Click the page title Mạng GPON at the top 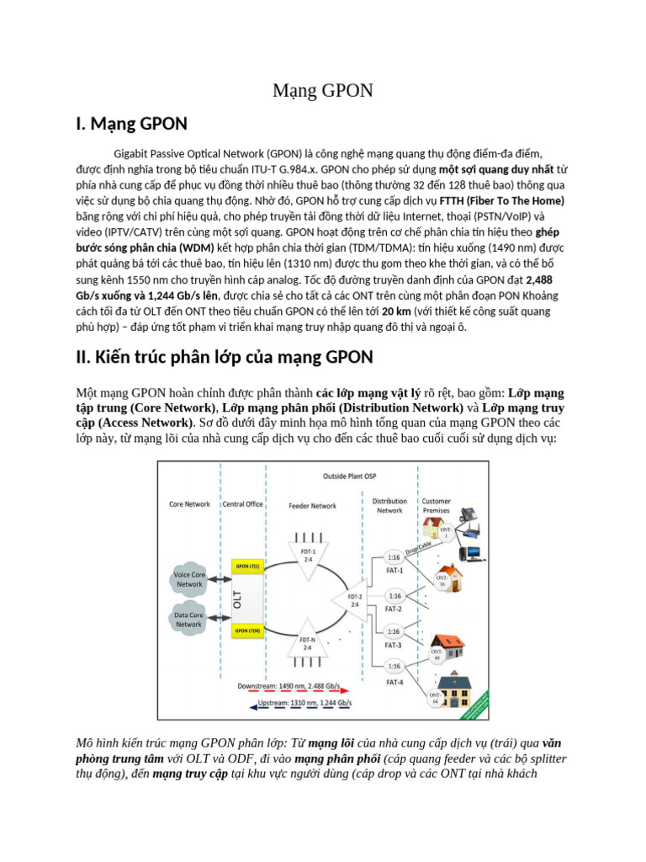coord(322,91)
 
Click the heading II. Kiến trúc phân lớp coord(224,357)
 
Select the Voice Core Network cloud coord(189,579)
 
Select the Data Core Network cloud coord(188,620)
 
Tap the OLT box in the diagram coord(238,599)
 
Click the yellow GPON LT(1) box coord(246,567)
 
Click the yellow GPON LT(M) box coord(246,630)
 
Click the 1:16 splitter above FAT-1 coord(394,557)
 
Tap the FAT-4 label coord(394,682)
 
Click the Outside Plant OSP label coord(351,476)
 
